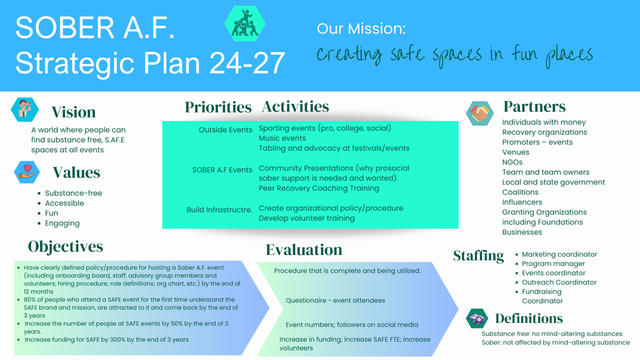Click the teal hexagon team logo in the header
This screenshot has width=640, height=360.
[245, 23]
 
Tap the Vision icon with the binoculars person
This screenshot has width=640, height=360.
[25, 109]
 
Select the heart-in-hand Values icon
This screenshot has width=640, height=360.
[27, 172]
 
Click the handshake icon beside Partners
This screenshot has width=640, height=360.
[479, 113]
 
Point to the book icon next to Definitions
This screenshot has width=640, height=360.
[477, 318]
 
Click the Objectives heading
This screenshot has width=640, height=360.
[65, 246]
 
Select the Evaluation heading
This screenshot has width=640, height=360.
[304, 249]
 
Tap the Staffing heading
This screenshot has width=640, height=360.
[478, 255]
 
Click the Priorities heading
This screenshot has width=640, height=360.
[218, 107]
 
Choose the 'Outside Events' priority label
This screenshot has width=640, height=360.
[225, 129]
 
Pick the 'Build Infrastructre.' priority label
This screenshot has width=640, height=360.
[219, 209]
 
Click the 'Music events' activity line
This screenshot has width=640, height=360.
[282, 138]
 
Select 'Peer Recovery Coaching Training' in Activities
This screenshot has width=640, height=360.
[319, 188]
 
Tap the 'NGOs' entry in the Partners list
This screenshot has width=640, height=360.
[512, 162]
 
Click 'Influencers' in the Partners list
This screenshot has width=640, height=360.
[522, 202]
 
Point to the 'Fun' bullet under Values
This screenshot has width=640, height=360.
[51, 213]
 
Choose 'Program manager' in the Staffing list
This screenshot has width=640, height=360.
[553, 263]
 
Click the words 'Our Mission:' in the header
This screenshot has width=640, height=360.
[361, 28]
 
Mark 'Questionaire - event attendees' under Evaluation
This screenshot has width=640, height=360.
[335, 300]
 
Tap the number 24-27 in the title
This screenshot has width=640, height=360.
[247, 63]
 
